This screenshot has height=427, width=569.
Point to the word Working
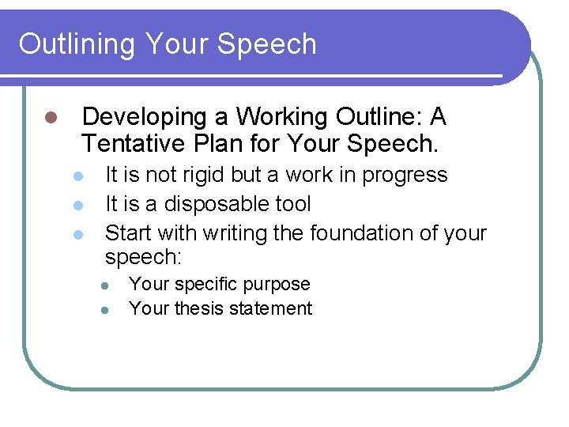[283, 117]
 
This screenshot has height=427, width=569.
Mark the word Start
[128, 233]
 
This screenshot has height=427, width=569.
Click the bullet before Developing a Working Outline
[49, 118]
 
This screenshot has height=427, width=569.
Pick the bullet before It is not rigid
[77, 176]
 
